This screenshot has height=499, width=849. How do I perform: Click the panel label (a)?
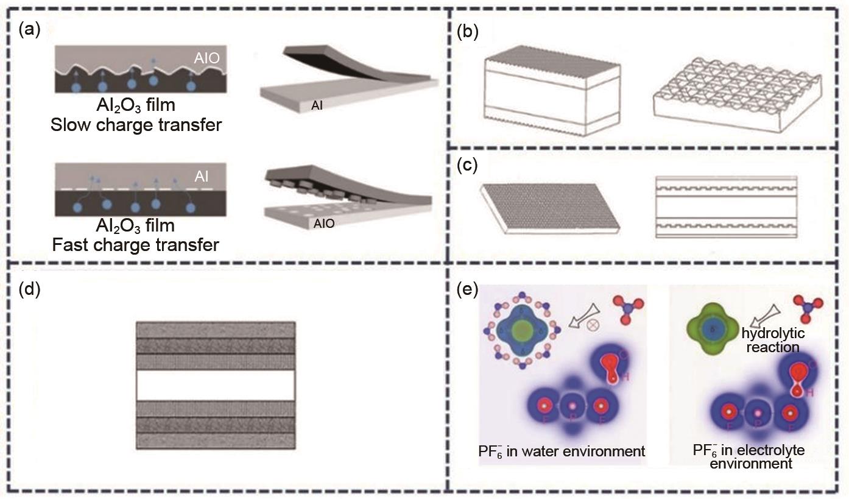coord(29,29)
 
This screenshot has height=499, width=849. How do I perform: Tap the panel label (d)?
coord(29,288)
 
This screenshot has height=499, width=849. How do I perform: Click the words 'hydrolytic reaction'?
coord(772,340)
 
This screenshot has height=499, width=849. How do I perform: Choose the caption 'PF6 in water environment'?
coord(562,451)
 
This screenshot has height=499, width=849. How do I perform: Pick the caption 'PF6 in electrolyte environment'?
coord(749,457)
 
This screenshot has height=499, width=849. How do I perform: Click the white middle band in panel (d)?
coord(216,385)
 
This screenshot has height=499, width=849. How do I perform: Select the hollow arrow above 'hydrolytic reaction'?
coord(760,316)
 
